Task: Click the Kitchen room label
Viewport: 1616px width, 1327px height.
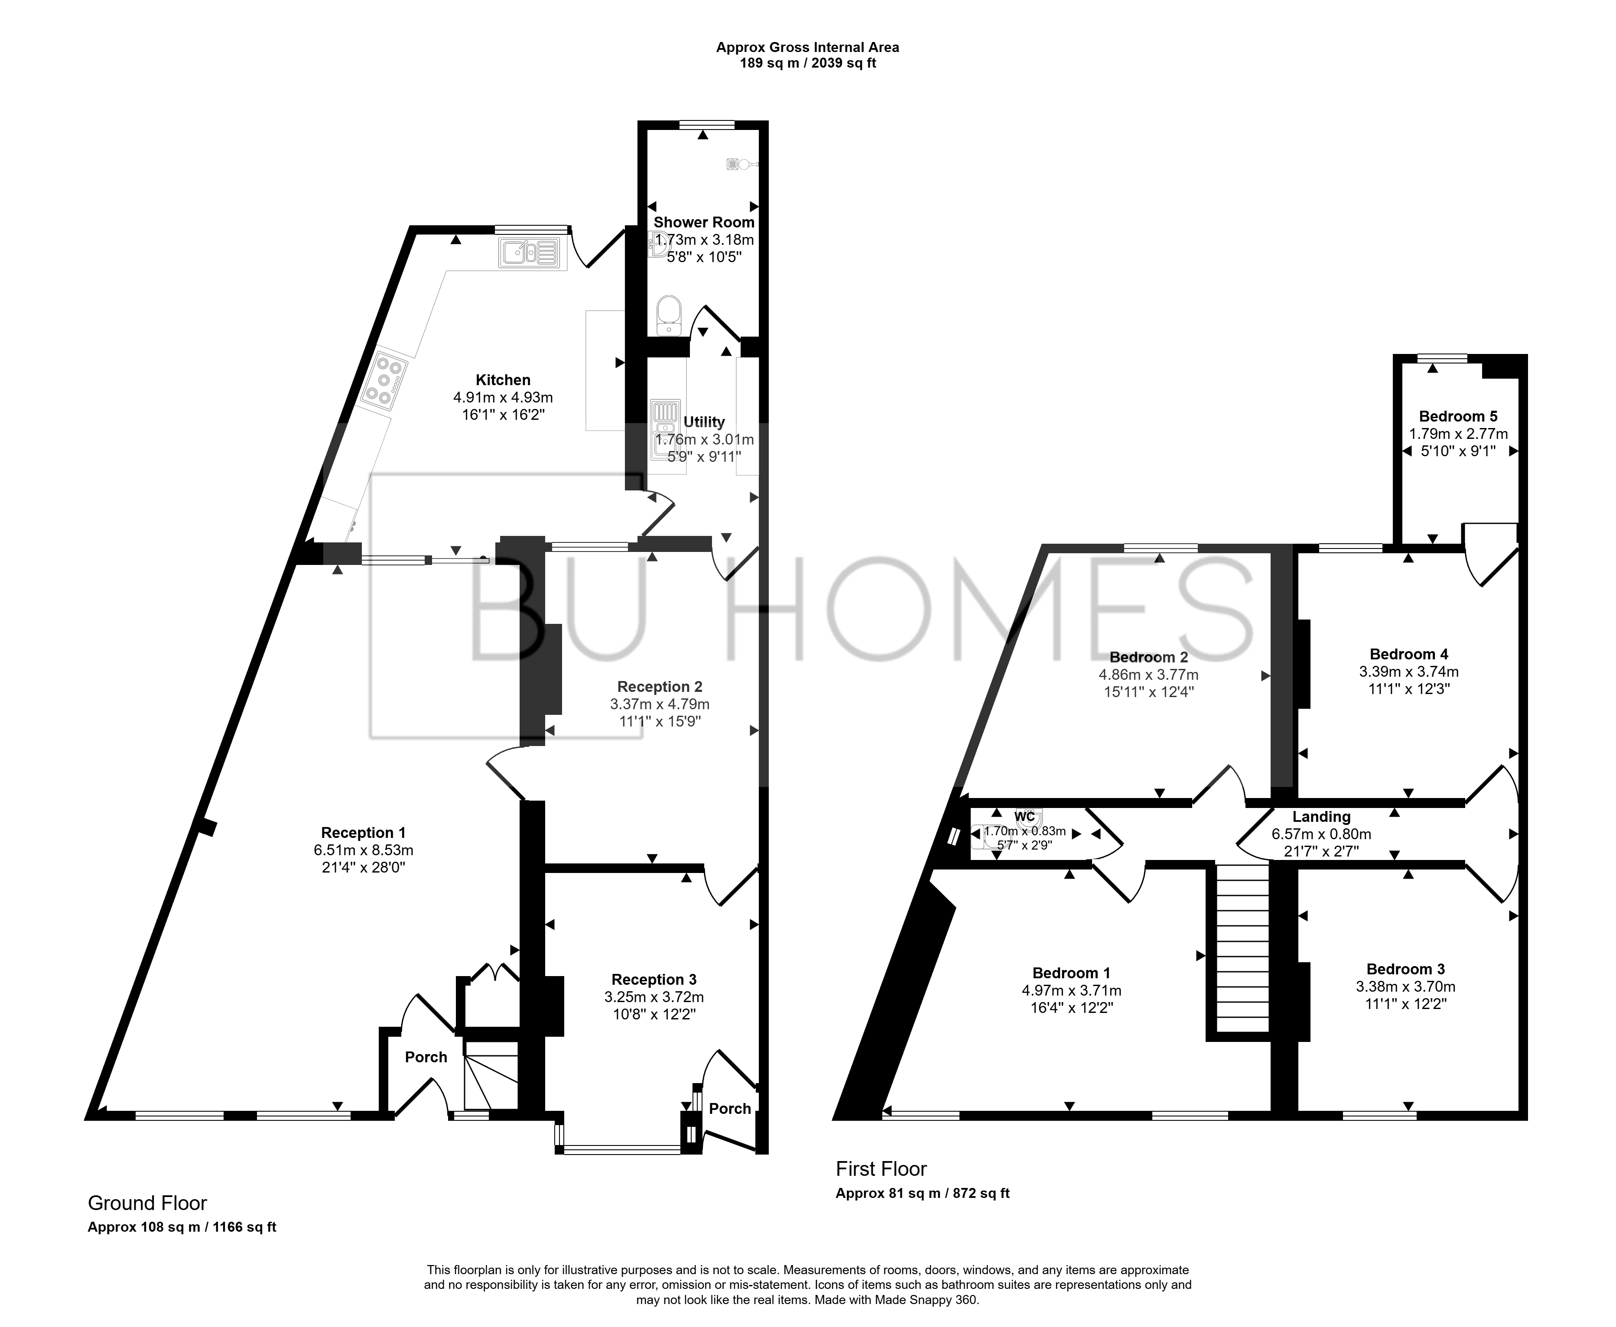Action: point(503,380)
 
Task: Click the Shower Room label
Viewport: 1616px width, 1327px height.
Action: point(704,222)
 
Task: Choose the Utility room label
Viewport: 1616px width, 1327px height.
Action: point(704,422)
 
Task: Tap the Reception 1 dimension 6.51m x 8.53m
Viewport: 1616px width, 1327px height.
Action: point(363,850)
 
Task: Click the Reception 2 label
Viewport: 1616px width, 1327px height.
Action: point(660,686)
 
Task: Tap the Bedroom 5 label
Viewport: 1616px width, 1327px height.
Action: point(1458,417)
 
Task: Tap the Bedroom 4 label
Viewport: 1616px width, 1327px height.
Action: point(1409,654)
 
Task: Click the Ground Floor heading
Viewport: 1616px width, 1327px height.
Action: point(147,1203)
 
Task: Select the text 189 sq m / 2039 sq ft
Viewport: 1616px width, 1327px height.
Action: point(807,63)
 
